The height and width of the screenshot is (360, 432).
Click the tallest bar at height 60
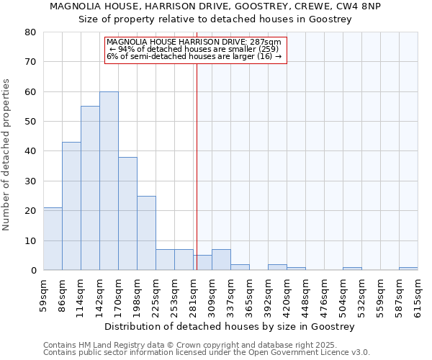coord(109,181)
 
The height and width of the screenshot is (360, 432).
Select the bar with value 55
coord(90,188)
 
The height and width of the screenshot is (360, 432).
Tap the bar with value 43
coord(71,206)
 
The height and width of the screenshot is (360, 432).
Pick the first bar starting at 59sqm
coord(53,239)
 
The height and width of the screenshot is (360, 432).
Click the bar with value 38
coord(127,214)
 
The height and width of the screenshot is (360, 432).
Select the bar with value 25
coord(146,233)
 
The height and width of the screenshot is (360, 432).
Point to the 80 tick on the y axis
coord(30,32)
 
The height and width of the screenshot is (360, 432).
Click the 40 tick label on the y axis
coord(30,151)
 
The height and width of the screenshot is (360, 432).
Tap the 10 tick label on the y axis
coord(30,240)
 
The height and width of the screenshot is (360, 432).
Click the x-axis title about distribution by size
coord(230,326)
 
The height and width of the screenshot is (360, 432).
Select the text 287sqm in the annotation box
coord(267,42)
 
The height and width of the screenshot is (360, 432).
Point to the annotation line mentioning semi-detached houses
coord(194,56)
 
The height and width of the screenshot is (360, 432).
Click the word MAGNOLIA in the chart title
coord(76,6)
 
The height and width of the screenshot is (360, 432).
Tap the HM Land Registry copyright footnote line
coord(195,345)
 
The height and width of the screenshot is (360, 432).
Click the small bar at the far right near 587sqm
coord(408,269)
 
